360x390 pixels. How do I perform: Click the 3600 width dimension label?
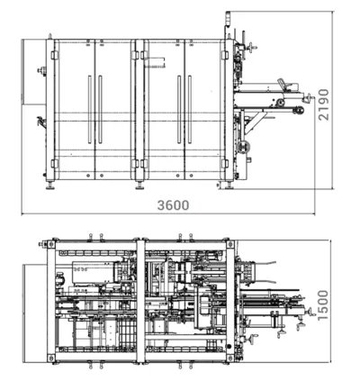pos(173,204)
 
